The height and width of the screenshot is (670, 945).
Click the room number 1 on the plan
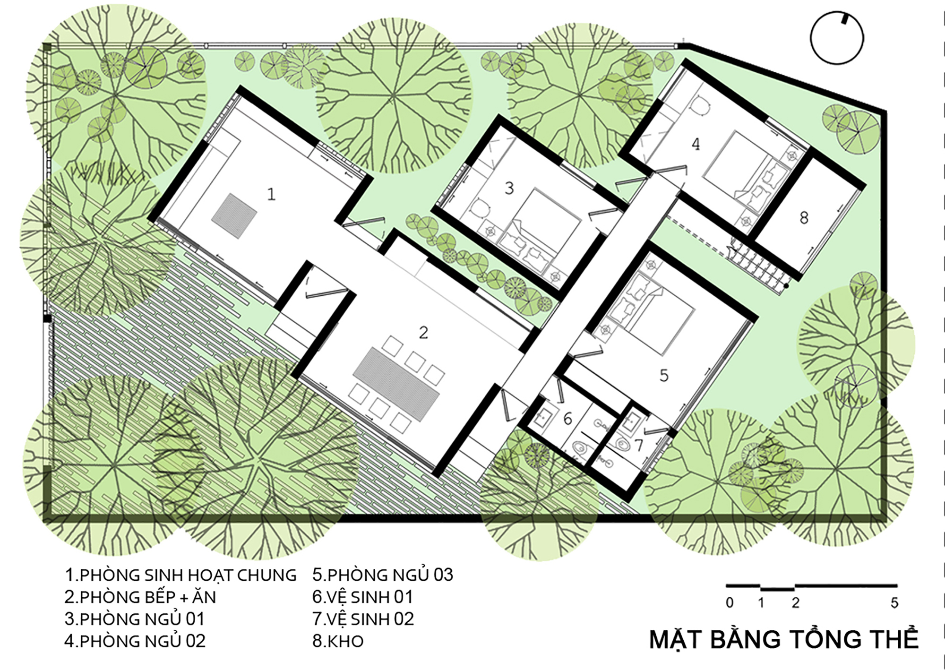271,194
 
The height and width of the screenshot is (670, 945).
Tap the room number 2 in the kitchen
423,333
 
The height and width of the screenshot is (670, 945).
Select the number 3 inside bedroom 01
509,188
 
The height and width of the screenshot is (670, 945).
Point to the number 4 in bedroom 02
696,144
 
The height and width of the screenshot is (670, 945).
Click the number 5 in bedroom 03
664,376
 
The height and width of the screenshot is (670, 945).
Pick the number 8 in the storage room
804,218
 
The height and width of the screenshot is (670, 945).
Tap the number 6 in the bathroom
567,418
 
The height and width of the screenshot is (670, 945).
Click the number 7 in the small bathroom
639,445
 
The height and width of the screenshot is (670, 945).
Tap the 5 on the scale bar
894,603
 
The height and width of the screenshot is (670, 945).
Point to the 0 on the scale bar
730,603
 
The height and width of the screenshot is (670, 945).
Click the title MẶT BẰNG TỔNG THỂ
784,639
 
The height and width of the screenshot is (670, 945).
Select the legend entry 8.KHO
338,641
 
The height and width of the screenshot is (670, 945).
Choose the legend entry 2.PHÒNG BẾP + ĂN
140,597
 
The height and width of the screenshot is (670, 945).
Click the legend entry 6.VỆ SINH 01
362,597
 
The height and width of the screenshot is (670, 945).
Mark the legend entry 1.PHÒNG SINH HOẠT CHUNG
180,575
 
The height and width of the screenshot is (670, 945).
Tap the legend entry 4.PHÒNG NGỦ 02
135,641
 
